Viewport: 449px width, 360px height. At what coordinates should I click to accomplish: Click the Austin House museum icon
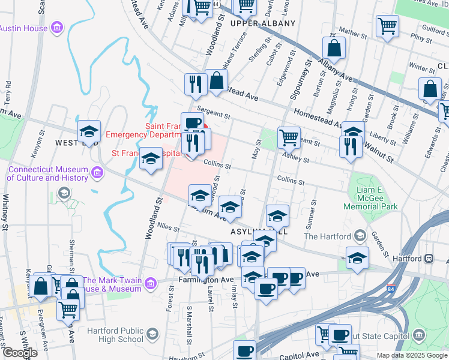(x=57, y=28)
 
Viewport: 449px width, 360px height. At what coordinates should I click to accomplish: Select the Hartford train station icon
(x=429, y=257)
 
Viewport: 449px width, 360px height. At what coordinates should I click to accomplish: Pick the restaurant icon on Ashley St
(x=350, y=146)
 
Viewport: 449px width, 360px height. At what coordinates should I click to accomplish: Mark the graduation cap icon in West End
(x=89, y=131)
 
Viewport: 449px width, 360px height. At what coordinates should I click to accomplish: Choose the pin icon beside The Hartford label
(x=360, y=236)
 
